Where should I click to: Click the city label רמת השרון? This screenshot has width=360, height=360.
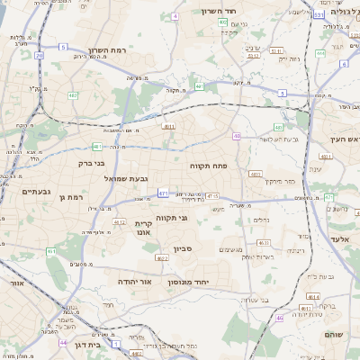(110, 50)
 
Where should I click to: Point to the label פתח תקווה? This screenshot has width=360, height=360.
(208, 166)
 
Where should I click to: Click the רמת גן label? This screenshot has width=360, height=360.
(68, 196)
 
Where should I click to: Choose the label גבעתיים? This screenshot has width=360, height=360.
(37, 191)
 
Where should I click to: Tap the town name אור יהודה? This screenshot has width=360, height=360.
(138, 282)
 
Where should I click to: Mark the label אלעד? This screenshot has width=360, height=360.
(338, 238)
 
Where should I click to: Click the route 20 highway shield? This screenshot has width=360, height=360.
(40, 55)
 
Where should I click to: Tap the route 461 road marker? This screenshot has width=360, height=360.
(50, 251)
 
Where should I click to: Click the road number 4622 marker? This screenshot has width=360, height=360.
(161, 257)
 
